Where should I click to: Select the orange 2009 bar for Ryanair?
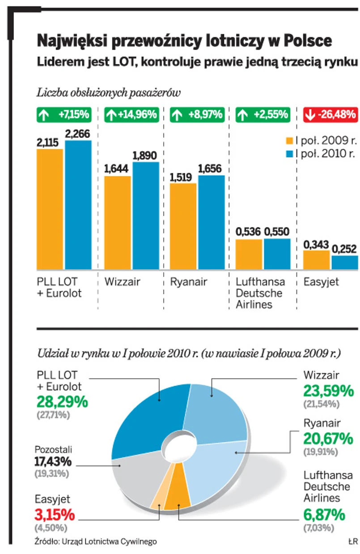click(183, 226)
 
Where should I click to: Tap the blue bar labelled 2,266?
click(78, 205)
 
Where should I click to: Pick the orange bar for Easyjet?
click(317, 260)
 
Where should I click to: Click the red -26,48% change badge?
click(331, 115)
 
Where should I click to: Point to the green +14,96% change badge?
click(131, 115)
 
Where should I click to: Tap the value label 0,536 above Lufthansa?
click(249, 232)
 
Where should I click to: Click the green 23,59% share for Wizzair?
click(328, 392)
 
